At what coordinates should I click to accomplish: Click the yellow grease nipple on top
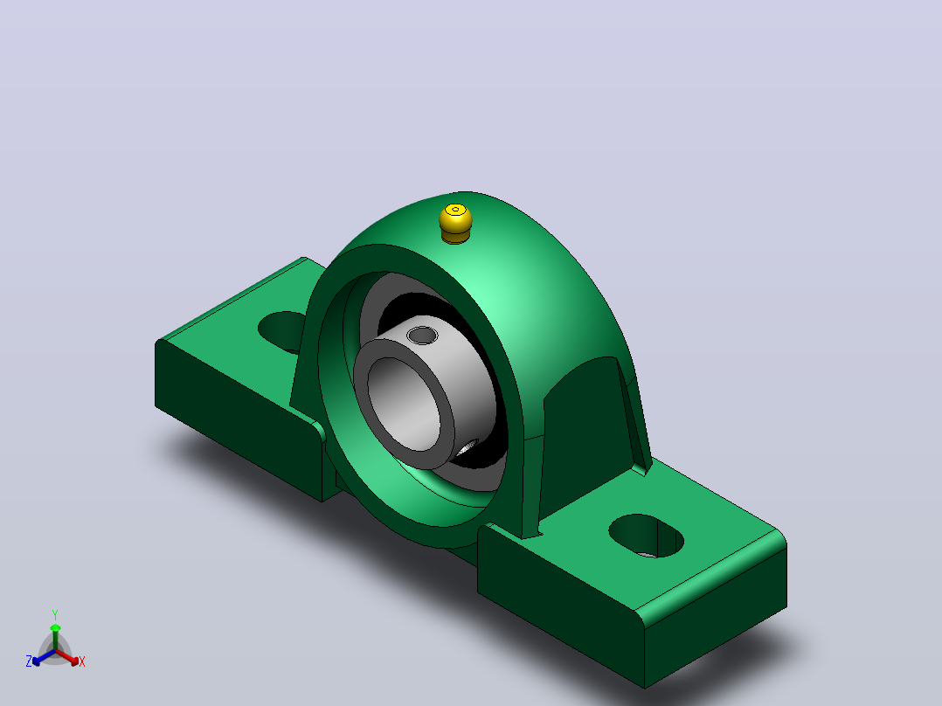(455, 224)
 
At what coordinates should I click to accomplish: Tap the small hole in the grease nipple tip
(456, 210)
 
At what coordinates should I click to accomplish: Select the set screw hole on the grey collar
(422, 335)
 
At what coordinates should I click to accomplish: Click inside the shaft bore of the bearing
(405, 403)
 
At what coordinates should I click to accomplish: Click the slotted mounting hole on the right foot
(647, 536)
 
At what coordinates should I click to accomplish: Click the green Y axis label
(55, 614)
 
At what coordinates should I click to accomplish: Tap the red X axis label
(82, 661)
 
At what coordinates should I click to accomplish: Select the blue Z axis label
(29, 661)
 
